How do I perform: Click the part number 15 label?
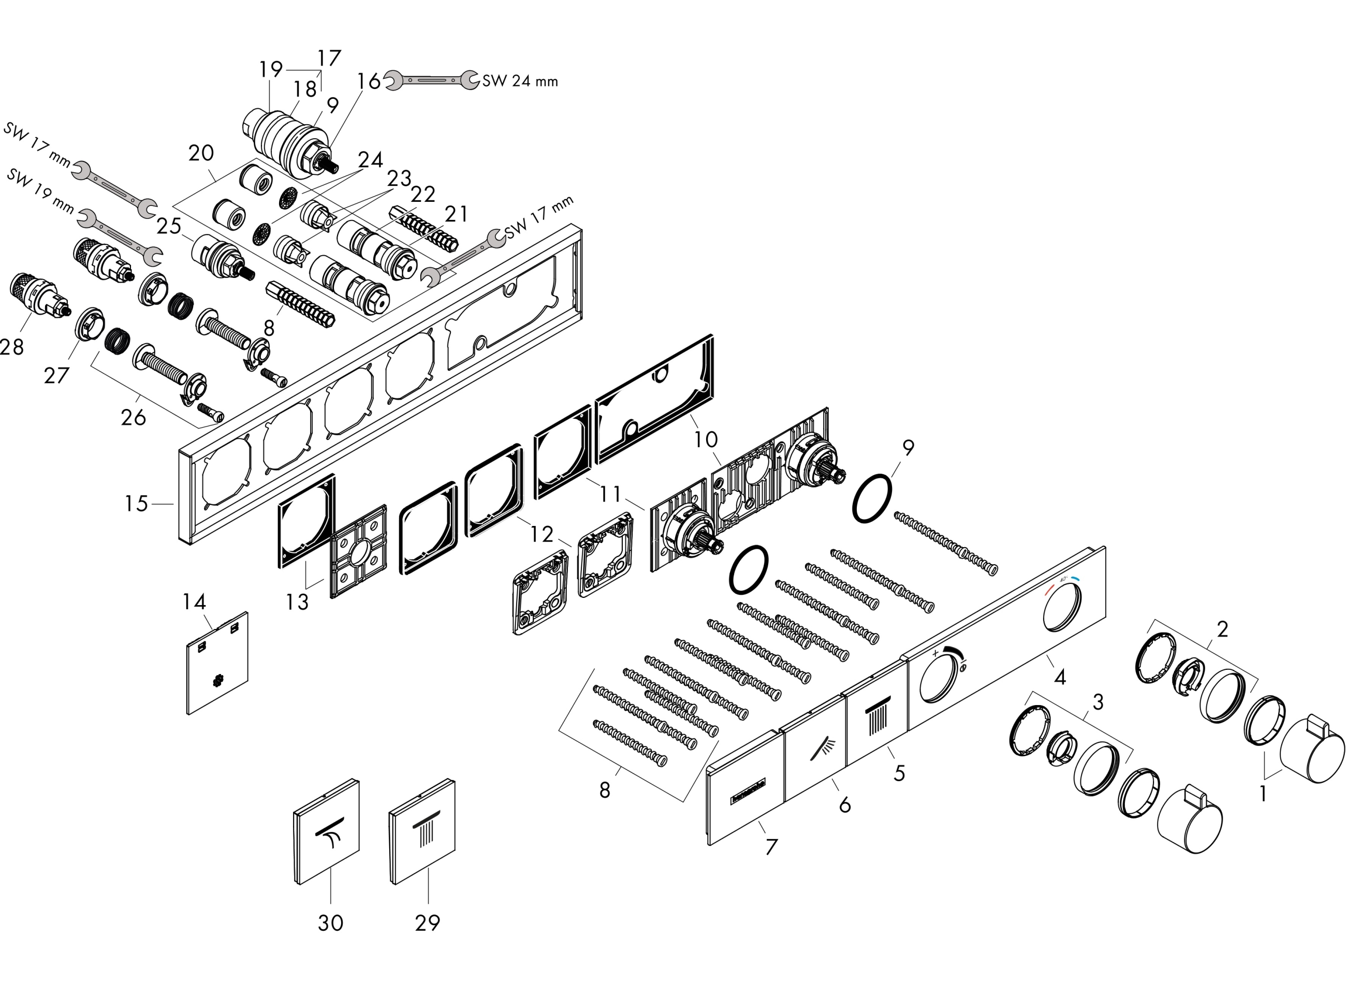(136, 503)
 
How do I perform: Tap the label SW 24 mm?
(520, 81)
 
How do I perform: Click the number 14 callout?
(194, 602)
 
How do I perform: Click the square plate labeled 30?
(327, 832)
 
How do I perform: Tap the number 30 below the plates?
(330, 922)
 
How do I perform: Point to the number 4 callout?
(1059, 677)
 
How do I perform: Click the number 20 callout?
(201, 153)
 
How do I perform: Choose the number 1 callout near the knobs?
(1263, 794)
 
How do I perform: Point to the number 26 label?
(134, 417)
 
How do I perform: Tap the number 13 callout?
(297, 602)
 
